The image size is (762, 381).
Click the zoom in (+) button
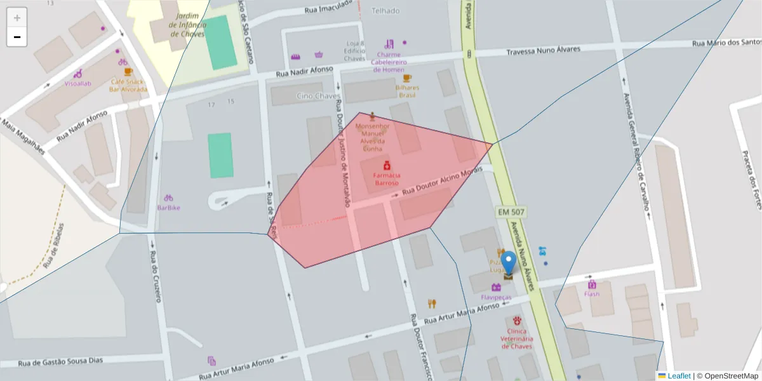[x=17, y=18]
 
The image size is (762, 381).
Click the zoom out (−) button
[x=17, y=37]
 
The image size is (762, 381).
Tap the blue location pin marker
[x=509, y=262]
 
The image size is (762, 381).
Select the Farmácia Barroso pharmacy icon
[x=386, y=166]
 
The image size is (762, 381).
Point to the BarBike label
[x=168, y=208]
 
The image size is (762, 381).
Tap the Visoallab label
[x=77, y=84]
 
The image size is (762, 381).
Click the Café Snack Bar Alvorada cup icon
[x=129, y=72]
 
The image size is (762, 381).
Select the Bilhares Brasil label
[x=407, y=91]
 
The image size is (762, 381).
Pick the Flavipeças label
[x=496, y=297]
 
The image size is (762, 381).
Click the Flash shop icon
[x=592, y=284]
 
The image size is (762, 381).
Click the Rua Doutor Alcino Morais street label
[x=443, y=181]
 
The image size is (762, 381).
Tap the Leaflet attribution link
[x=679, y=376]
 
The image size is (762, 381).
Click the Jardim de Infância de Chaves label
[x=187, y=25]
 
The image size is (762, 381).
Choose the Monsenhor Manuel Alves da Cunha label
[x=372, y=137]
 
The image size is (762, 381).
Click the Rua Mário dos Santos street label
[x=726, y=43]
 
